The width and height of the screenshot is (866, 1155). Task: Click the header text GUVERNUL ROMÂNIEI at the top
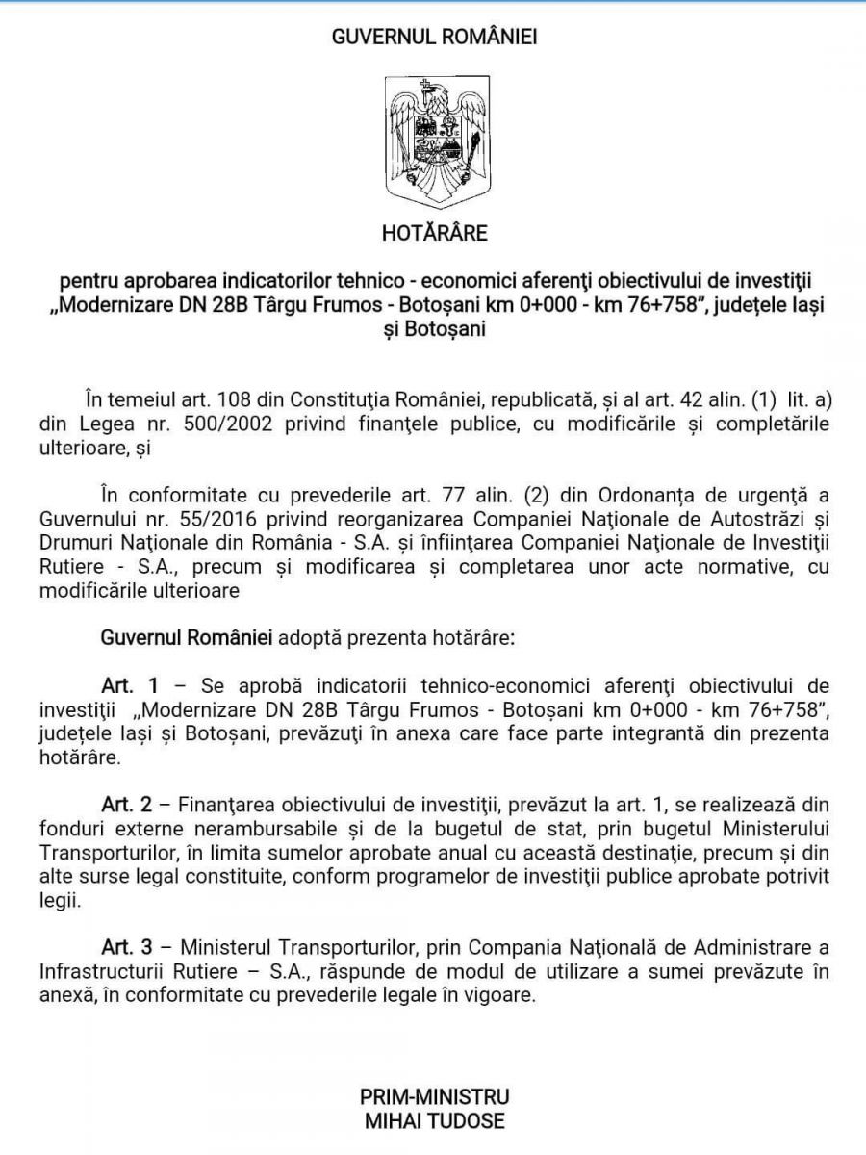(434, 38)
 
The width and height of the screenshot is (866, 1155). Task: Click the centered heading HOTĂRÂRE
(434, 233)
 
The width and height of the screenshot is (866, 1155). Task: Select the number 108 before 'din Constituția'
(239, 398)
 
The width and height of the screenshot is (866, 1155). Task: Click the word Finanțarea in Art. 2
(229, 804)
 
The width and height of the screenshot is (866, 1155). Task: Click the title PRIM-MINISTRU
(434, 1096)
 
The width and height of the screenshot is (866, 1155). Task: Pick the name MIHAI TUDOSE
(434, 1120)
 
